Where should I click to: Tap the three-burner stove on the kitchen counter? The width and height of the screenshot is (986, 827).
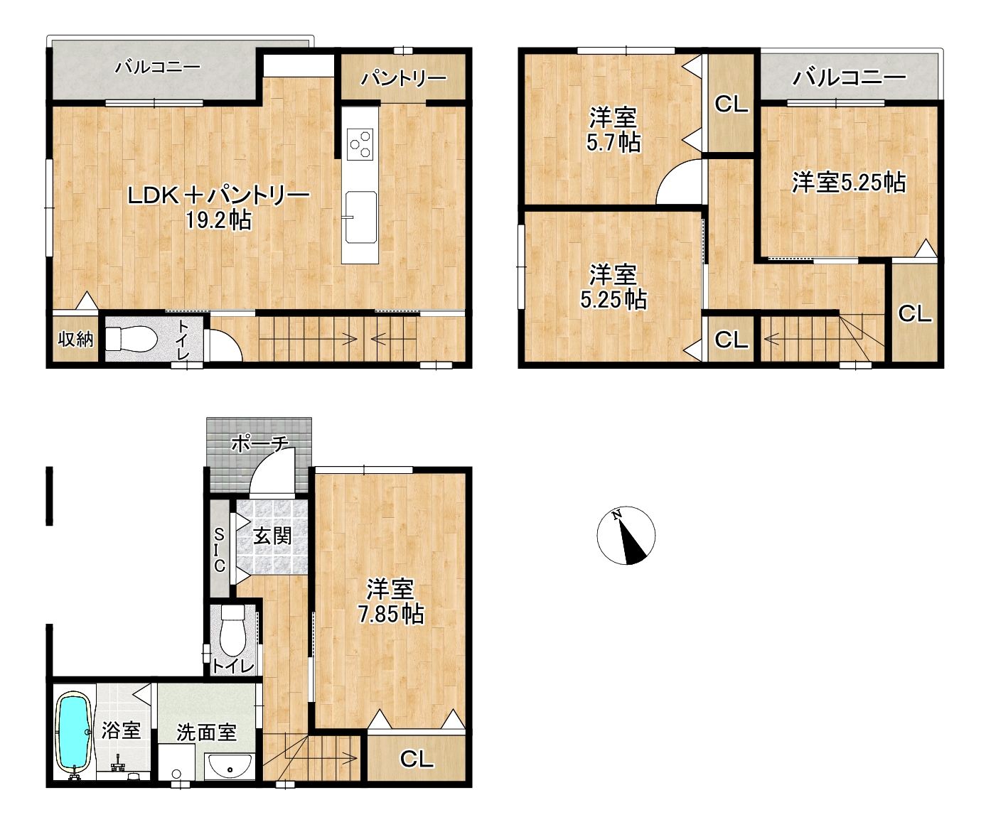(360, 144)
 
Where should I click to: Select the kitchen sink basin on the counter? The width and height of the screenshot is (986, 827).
(361, 217)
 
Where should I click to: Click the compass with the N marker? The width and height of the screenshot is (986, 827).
(626, 535)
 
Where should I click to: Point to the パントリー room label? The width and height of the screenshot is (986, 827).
(404, 78)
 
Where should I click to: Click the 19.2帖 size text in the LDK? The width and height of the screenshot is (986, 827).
(218, 220)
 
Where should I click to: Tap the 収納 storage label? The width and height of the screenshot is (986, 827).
(75, 339)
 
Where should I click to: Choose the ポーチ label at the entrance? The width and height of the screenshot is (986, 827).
(259, 443)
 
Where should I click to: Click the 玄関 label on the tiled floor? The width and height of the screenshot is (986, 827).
(272, 536)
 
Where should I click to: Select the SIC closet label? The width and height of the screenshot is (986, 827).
(220, 550)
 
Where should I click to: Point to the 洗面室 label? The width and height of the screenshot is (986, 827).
(206, 732)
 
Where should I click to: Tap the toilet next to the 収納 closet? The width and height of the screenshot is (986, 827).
(132, 340)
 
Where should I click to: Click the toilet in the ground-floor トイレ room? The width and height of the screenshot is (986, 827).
(232, 629)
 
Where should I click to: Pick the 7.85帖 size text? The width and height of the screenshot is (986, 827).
(391, 614)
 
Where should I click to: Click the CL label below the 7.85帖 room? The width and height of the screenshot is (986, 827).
(417, 759)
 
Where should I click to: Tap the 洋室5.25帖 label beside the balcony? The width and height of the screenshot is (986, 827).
(849, 182)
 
